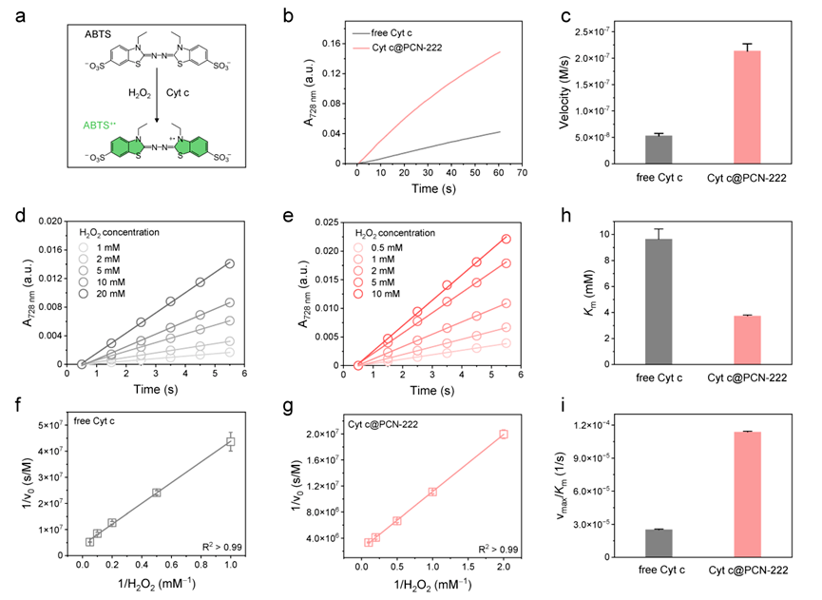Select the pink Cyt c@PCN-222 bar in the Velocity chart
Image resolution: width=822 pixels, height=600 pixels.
733,106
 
